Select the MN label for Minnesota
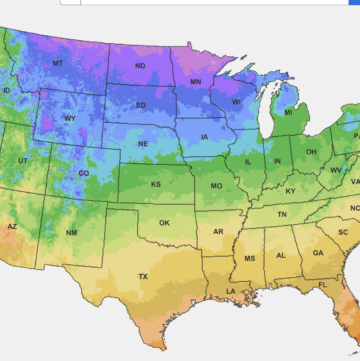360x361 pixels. coord(195,82)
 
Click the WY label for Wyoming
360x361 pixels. coord(69,119)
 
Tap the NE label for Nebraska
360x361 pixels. coord(144,145)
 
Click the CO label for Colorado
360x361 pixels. coord(83,172)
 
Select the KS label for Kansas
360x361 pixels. coord(156,185)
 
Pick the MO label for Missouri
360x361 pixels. coord(216,186)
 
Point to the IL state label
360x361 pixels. coord(246,161)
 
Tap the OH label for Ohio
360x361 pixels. coord(311,152)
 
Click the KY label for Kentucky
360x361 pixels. coord(290,190)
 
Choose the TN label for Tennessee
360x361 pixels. coord(282,214)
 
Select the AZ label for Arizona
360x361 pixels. coord(13,227)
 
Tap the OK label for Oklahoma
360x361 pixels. coord(164,223)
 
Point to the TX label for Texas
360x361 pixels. coord(142,276)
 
